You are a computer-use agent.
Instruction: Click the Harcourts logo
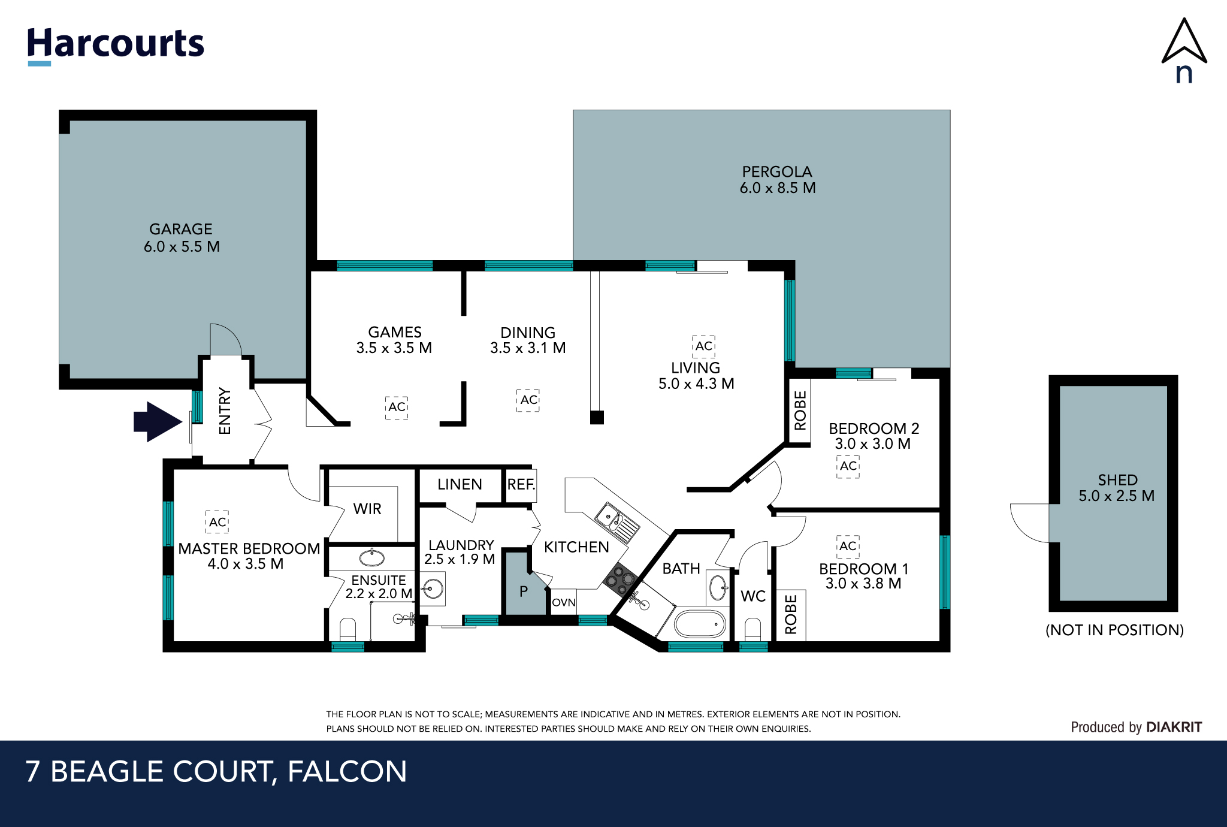coord(116,46)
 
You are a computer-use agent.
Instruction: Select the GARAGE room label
coord(181,229)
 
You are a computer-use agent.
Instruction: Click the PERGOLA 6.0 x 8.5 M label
coord(778,180)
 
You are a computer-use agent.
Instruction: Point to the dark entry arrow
coord(158,422)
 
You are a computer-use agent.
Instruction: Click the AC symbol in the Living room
coord(703,346)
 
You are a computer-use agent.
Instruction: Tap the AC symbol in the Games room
coord(397,407)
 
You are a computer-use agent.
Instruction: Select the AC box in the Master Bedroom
coord(217,522)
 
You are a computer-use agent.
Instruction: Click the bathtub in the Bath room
coord(700,624)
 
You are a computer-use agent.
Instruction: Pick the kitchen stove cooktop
coord(620,578)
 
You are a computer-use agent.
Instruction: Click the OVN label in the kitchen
coord(564,602)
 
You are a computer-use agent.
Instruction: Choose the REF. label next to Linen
coord(521,484)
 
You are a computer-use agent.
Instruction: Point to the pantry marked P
coord(523,590)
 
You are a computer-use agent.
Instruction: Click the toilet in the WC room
coord(752,630)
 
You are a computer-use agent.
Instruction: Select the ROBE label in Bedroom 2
coord(800,411)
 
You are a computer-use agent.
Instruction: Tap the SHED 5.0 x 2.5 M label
coord(1117,488)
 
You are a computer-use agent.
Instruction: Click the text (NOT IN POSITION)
coord(1114,630)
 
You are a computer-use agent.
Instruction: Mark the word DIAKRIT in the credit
coord(1174,727)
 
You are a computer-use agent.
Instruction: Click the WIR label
coord(367,509)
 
